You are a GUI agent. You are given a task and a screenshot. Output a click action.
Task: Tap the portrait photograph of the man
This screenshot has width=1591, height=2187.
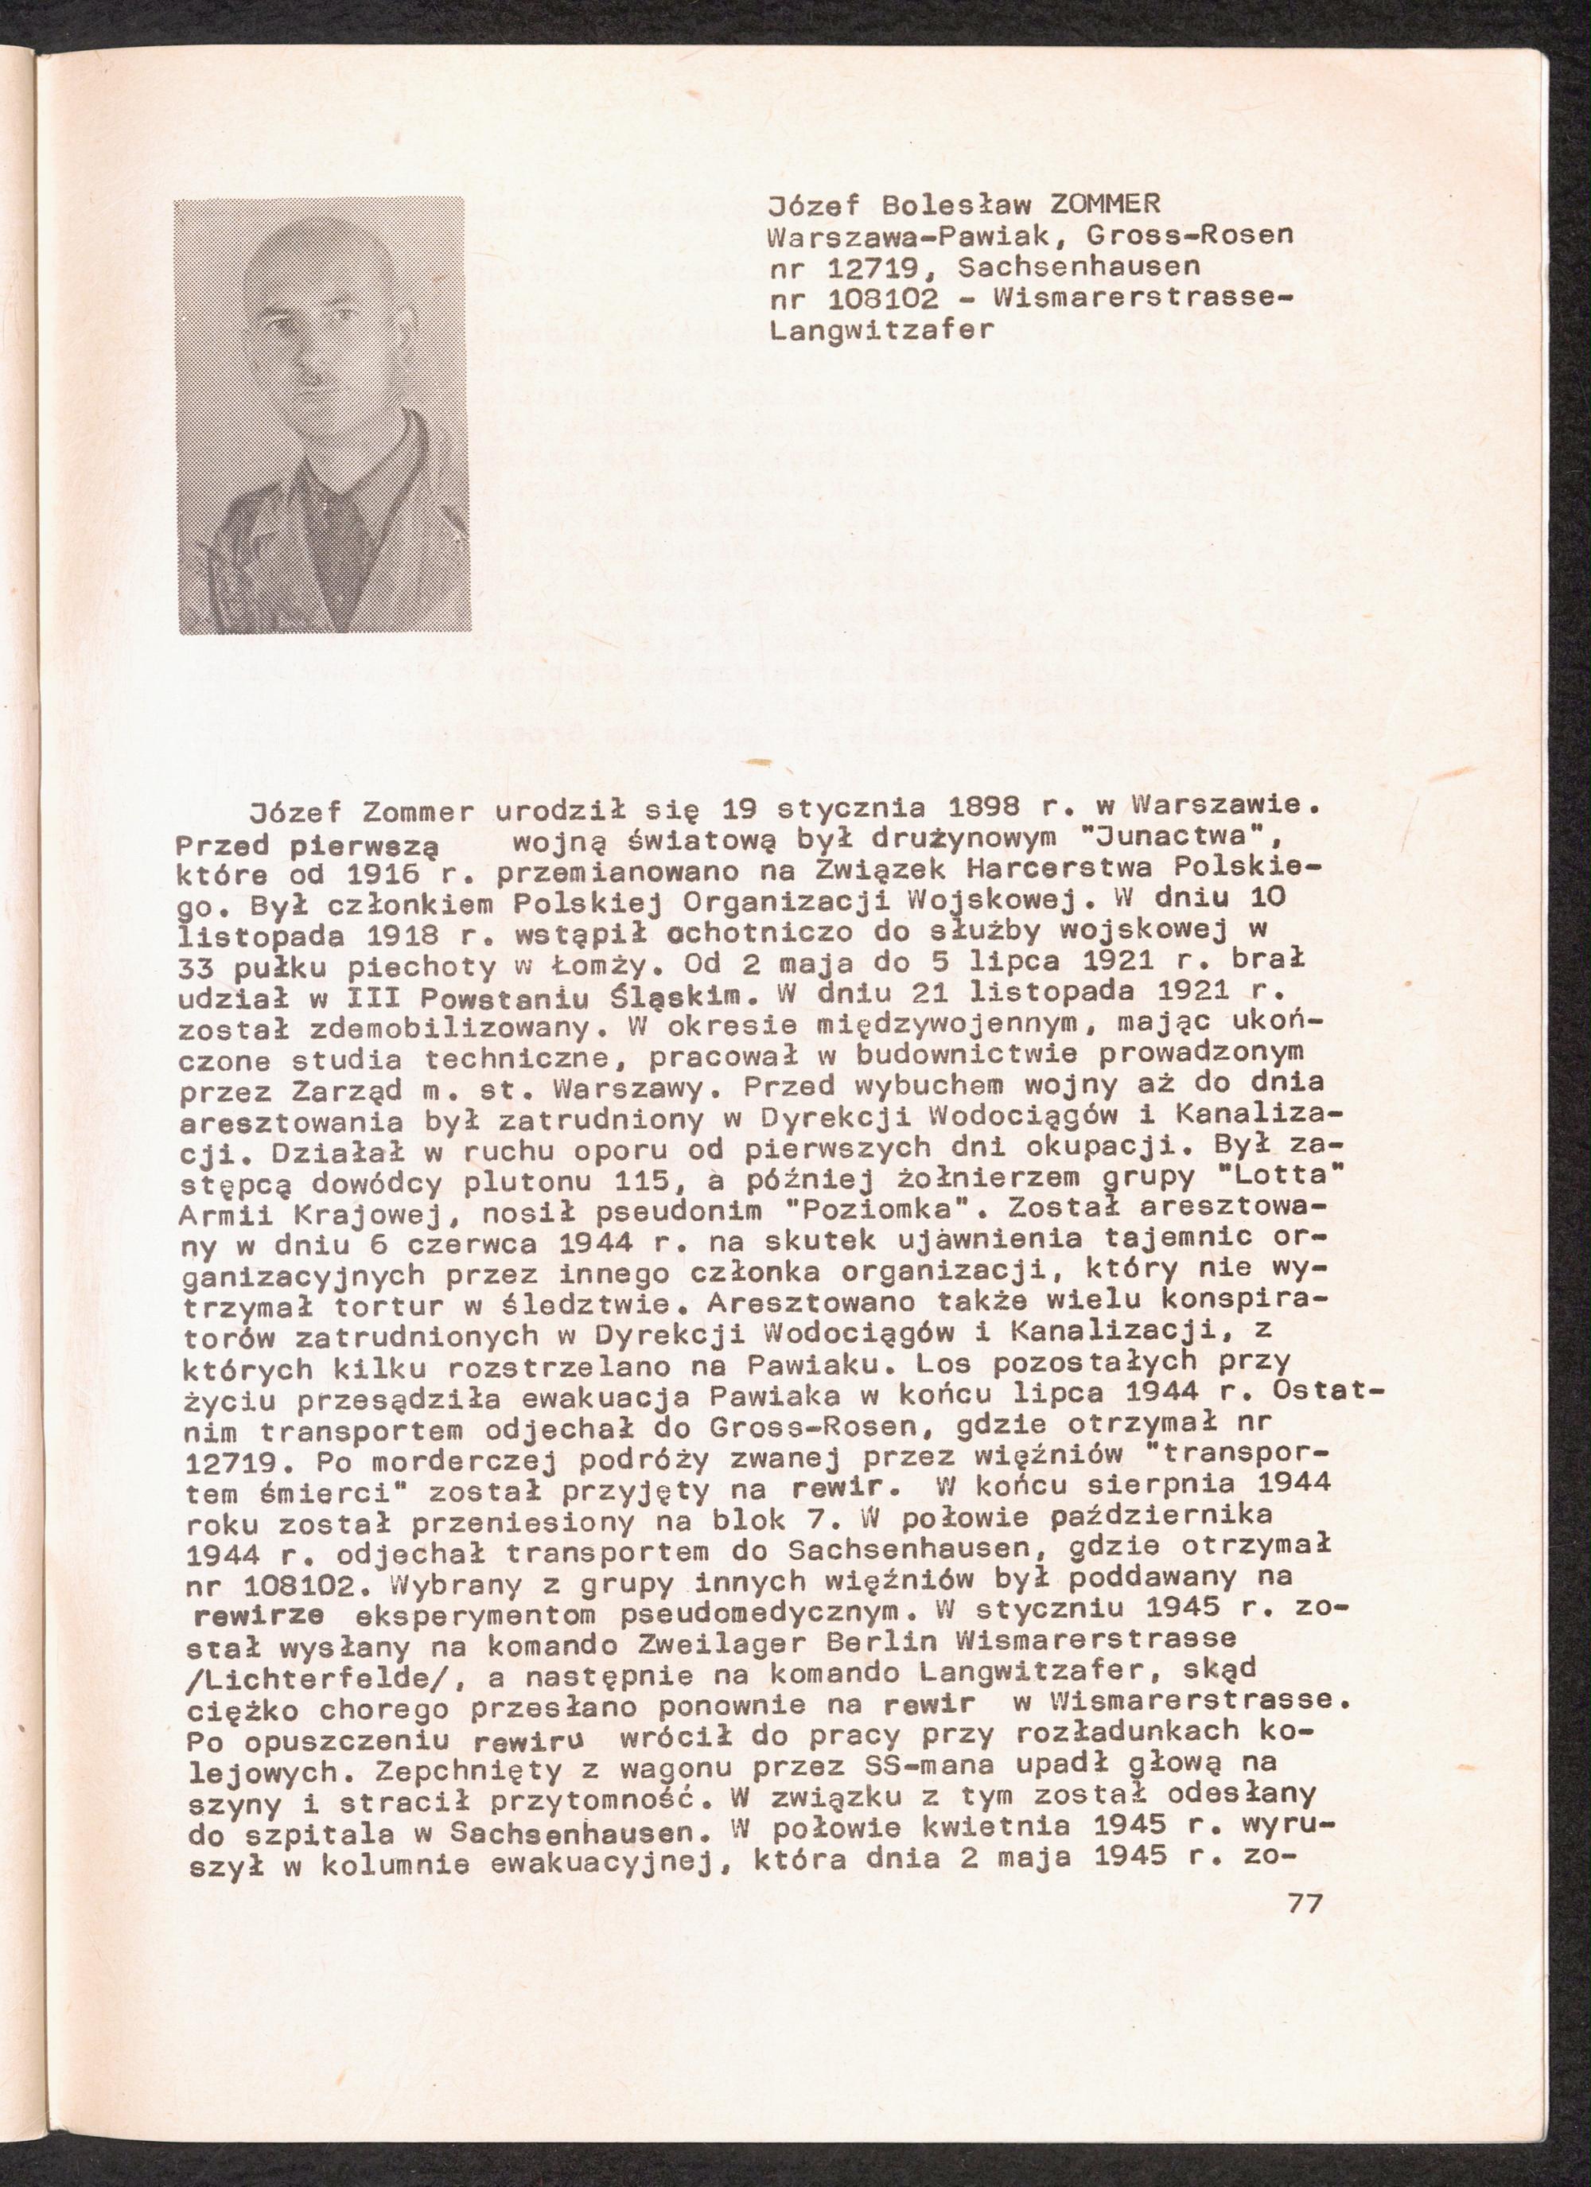pyautogui.click(x=321, y=415)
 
